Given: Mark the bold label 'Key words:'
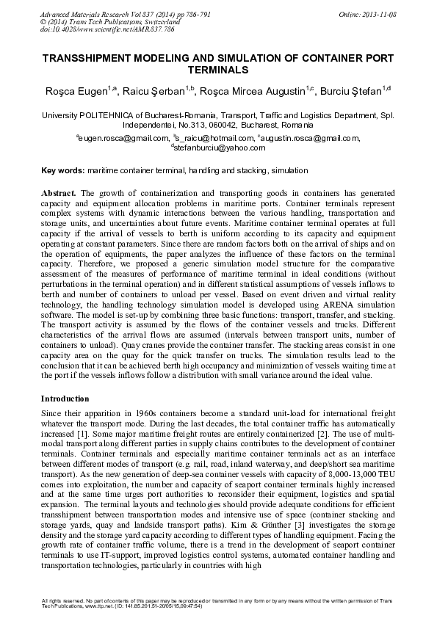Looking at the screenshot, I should (x=62, y=170).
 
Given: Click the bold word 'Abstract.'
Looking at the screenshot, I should (x=62, y=192).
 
